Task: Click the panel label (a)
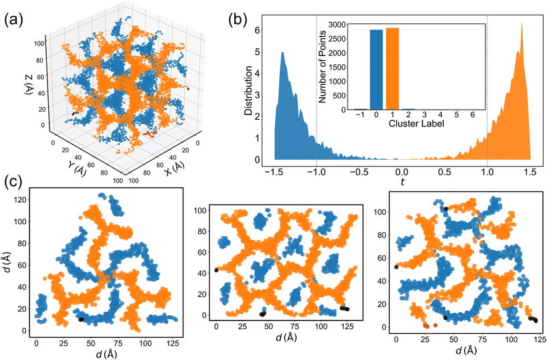(x=13, y=21)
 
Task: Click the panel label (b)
(x=238, y=21)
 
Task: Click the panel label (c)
(x=13, y=181)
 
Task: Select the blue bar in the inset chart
(x=376, y=70)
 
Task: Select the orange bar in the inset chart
(x=392, y=69)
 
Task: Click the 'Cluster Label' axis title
(x=416, y=123)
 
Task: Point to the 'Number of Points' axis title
(x=322, y=66)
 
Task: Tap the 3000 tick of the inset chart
(x=335, y=24)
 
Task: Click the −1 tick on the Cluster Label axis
(x=360, y=114)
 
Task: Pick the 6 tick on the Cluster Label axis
(x=473, y=114)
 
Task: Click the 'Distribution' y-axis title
(x=248, y=90)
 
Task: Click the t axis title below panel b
(x=402, y=181)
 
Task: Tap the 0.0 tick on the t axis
(x=402, y=172)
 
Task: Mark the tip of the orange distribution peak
(x=522, y=22)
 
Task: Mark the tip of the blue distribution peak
(x=283, y=52)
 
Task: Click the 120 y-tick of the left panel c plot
(x=23, y=200)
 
